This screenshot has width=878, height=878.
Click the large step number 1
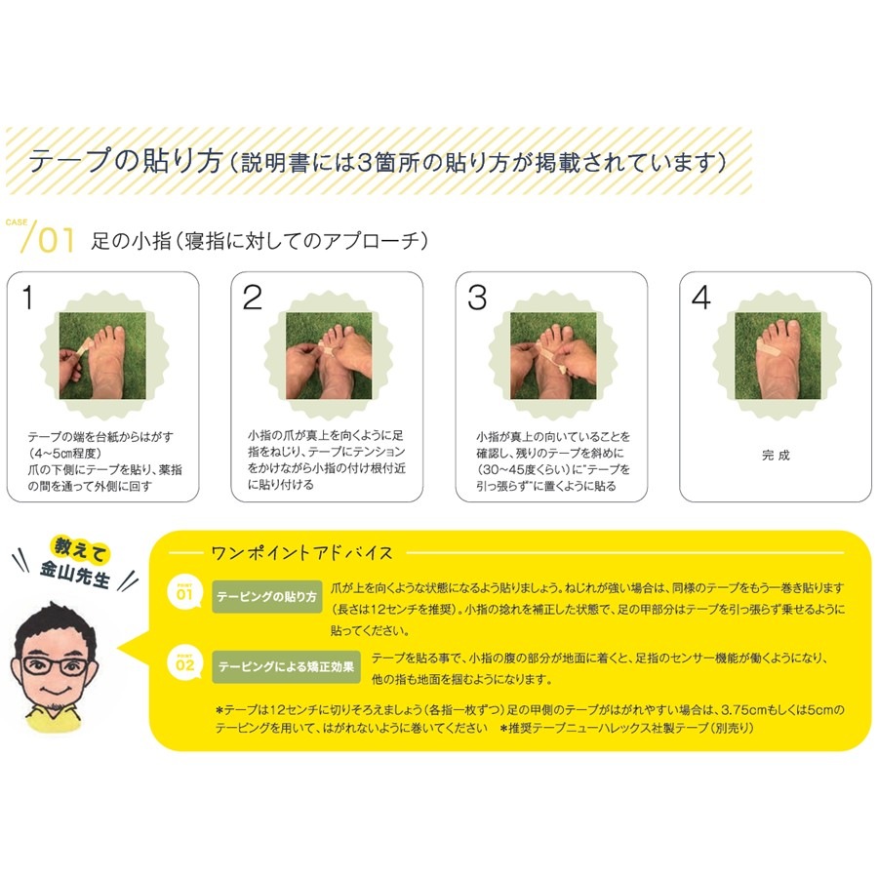[27, 297]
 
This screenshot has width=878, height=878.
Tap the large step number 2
[252, 297]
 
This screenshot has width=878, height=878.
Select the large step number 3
[477, 297]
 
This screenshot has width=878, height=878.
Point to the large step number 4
[701, 297]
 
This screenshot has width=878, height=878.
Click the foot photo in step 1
[103, 355]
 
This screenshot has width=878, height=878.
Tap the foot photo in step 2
[329, 355]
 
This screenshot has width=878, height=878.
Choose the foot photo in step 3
[553, 355]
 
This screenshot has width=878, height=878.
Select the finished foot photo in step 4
[778, 355]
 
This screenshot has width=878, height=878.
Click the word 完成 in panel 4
[776, 456]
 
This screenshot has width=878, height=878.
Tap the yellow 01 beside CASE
[56, 240]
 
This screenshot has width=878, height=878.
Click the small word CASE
[17, 222]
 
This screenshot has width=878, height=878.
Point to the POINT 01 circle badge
[184, 592]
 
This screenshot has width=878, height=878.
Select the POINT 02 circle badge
[184, 663]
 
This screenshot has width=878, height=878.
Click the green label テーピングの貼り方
[266, 597]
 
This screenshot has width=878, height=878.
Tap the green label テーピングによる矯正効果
[286, 667]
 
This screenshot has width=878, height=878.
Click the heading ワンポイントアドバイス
[301, 553]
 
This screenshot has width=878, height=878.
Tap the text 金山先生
[74, 574]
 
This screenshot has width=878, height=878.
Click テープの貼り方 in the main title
[126, 161]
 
